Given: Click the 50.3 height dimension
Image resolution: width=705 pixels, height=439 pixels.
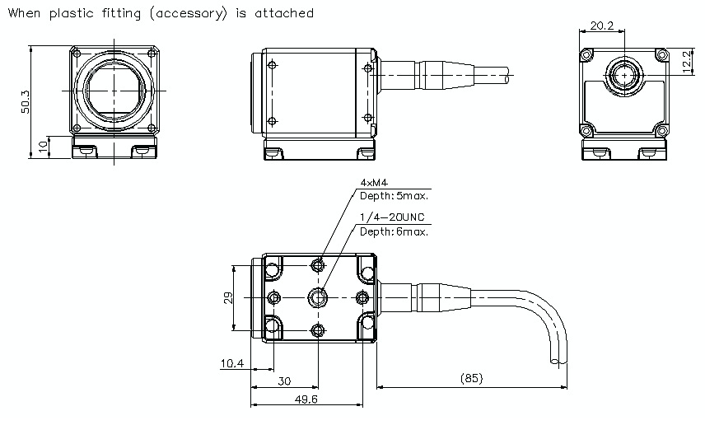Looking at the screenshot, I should tap(25, 101).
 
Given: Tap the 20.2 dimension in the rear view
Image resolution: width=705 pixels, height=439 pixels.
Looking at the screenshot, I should tap(601, 26).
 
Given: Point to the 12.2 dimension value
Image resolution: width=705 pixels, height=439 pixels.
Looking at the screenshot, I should tap(687, 60).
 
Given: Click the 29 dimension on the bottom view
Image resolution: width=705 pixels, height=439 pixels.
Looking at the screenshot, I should tap(227, 297).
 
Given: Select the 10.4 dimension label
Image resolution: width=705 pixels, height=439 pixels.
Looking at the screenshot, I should tap(233, 363).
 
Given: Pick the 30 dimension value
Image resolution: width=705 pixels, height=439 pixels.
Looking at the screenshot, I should tap(284, 381).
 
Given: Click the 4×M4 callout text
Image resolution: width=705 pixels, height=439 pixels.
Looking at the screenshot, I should tap(374, 182).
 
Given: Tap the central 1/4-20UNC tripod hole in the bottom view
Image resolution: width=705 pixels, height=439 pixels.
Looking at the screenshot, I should tap(318, 297).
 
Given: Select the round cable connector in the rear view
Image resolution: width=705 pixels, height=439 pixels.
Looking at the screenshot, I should tap(625, 74).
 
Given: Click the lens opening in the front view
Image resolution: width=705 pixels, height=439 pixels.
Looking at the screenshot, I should tap(116, 91).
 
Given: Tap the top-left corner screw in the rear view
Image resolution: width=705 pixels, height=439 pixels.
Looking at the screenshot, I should tap(586, 54).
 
